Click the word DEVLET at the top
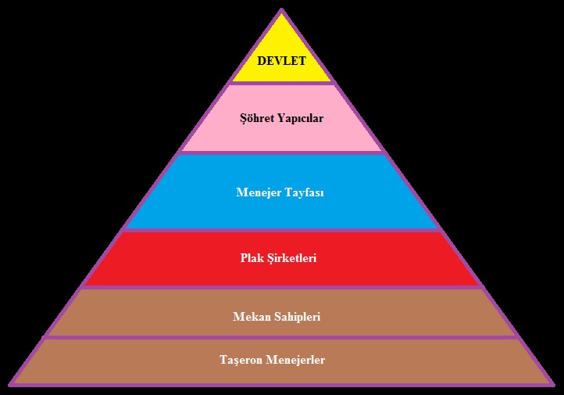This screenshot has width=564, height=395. click(x=281, y=61)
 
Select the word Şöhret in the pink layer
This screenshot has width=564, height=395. click(x=259, y=119)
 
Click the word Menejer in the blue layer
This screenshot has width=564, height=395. click(x=260, y=192)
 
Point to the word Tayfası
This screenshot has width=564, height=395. click(x=305, y=192)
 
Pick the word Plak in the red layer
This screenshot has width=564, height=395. click(x=253, y=257)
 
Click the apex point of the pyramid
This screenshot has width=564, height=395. click(x=281, y=10)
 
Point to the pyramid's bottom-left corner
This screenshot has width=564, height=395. click(x=11, y=384)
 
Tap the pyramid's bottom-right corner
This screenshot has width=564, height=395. click(x=552, y=384)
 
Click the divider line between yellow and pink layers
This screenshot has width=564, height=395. click(x=281, y=83)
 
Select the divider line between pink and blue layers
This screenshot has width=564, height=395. click(x=281, y=153)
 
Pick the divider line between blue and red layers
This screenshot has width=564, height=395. click(x=281, y=231)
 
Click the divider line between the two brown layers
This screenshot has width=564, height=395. click(x=281, y=338)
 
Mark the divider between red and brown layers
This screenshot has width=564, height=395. click(x=281, y=287)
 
